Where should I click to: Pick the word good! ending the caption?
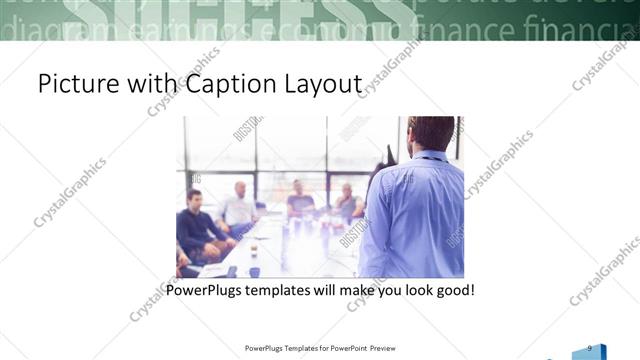451,291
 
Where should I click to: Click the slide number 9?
590,347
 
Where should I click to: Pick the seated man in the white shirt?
239,207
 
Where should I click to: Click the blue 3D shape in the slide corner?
589,353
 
